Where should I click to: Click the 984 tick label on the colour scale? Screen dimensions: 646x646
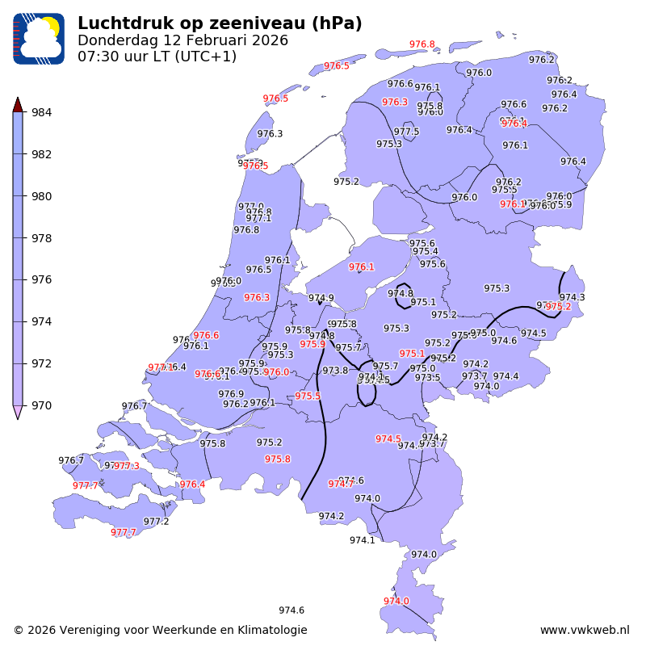tap(41, 112)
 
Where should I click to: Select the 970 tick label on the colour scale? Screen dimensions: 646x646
tap(41, 405)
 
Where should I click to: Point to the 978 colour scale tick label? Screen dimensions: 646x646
tap(41, 238)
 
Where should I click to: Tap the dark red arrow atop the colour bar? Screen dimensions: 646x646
tap(18, 104)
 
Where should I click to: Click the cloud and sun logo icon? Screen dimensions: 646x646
tap(38, 38)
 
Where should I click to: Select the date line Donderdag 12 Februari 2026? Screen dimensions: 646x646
tap(182, 40)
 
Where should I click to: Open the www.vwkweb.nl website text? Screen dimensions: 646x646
tap(584, 630)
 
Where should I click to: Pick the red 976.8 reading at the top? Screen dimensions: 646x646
tap(422, 44)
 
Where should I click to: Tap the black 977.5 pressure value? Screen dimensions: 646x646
tap(406, 132)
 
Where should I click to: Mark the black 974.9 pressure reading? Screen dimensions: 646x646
tap(321, 298)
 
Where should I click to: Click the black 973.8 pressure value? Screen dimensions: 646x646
tap(335, 371)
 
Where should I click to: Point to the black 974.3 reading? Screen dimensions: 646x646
tap(572, 297)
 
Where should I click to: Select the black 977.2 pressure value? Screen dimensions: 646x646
tap(156, 522)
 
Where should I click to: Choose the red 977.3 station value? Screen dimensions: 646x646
tap(127, 466)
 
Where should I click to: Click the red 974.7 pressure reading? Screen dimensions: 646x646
tap(340, 484)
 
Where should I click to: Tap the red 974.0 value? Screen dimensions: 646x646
tap(396, 601)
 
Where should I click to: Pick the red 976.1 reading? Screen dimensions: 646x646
tap(361, 266)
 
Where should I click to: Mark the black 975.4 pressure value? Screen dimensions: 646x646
tap(426, 251)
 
